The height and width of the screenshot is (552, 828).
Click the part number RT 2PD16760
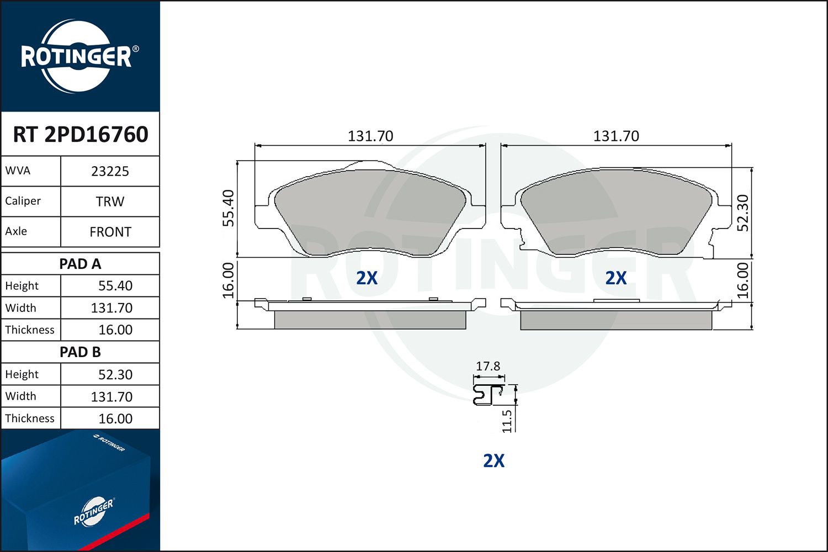80,134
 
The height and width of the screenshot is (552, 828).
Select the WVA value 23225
110,172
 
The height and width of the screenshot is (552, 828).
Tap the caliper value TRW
110,201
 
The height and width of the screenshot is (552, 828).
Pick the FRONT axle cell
110,232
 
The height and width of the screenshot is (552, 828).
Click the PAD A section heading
80,264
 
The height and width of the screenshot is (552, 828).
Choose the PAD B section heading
80,352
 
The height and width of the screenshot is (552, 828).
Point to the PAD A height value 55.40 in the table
115,286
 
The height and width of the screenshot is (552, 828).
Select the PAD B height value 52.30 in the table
115,374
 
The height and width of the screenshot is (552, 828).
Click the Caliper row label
23,201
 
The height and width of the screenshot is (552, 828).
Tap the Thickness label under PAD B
30,418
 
